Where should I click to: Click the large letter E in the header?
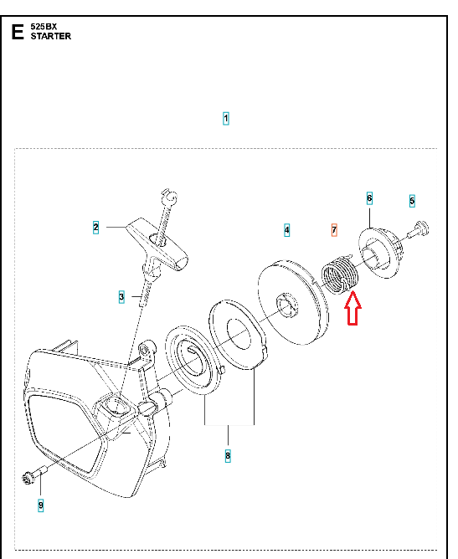(x=18, y=32)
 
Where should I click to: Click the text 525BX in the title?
(x=44, y=27)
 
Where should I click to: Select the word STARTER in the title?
(x=50, y=36)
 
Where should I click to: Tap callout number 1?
(x=226, y=118)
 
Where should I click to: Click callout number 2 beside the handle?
(x=95, y=227)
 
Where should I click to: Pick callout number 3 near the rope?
(x=121, y=296)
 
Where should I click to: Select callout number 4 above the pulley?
(x=287, y=230)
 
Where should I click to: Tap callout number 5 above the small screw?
(x=412, y=201)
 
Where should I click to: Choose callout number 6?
(x=369, y=198)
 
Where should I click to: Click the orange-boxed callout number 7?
(x=334, y=230)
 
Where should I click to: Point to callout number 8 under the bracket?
(x=228, y=455)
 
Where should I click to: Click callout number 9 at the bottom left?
(x=41, y=505)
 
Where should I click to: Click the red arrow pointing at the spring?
(x=353, y=309)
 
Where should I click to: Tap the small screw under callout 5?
(x=419, y=230)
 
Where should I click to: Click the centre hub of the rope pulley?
(x=287, y=305)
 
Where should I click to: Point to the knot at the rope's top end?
(x=170, y=197)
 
